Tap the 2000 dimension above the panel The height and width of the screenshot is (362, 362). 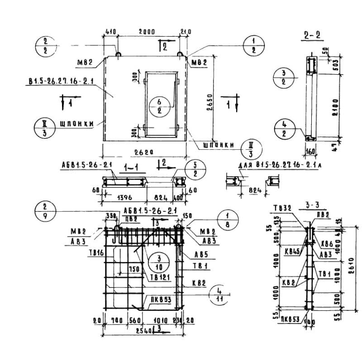coord(147,32)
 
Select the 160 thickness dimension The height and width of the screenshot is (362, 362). coord(310,151)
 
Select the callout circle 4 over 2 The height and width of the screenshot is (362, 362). coord(283,129)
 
